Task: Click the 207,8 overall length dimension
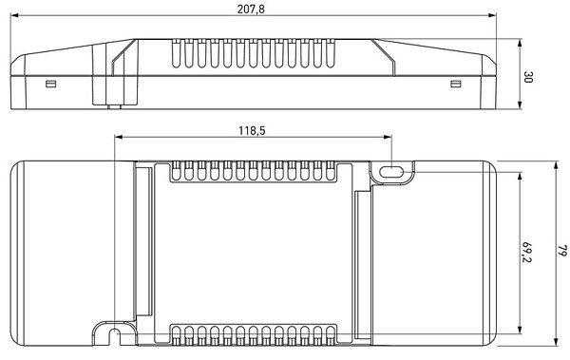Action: (251, 9)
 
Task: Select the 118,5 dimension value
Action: (252, 130)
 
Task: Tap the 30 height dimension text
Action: (528, 77)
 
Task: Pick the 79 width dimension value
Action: (562, 250)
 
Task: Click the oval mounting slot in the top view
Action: (390, 172)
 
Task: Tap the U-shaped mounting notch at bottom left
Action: (115, 332)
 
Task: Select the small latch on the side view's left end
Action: (51, 85)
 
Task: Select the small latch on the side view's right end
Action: (456, 84)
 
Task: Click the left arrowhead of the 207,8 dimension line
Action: (14, 15)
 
